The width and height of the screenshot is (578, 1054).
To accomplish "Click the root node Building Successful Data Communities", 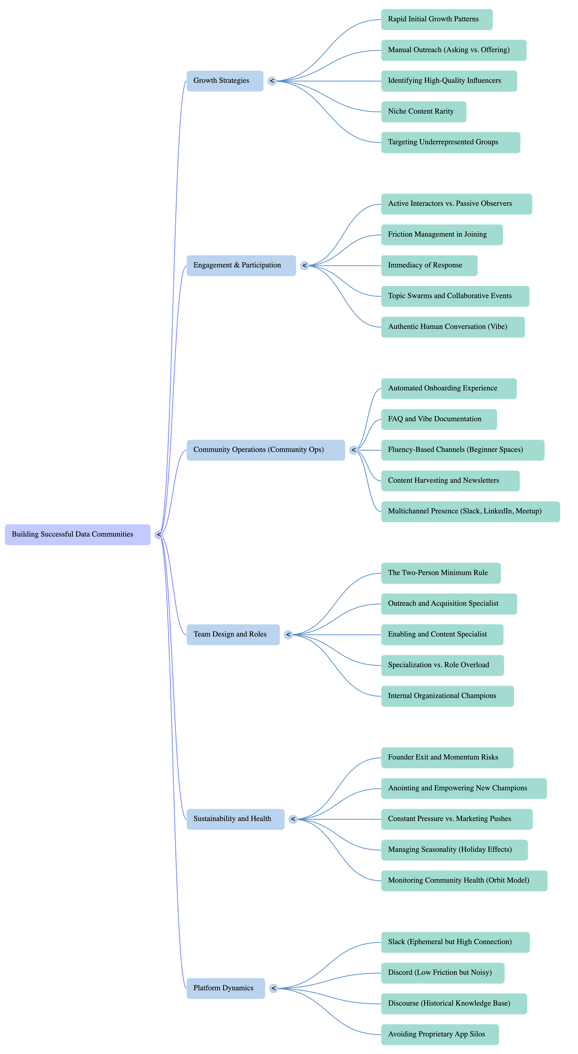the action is coord(78,534).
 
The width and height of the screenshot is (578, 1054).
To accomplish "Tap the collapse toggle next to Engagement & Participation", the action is coord(304,265).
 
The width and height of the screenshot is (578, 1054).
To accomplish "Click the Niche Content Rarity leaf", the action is coord(423,112).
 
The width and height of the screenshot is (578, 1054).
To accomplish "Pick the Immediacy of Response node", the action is coord(429,265).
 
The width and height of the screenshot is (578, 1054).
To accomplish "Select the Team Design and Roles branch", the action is coord(233,635).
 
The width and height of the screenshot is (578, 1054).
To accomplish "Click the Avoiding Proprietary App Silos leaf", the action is coord(440,1034).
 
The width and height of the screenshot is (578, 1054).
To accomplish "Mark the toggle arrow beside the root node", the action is coord(159,534).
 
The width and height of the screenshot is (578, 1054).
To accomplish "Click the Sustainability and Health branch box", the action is coord(236,819).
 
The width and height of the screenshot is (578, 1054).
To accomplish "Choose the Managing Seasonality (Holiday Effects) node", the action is coord(454,850).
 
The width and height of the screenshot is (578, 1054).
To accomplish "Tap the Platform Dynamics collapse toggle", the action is coord(274,988).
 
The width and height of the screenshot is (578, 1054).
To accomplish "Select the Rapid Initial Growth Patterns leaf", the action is coord(437,20).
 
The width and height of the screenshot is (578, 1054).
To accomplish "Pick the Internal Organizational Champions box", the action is coord(447,696).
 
